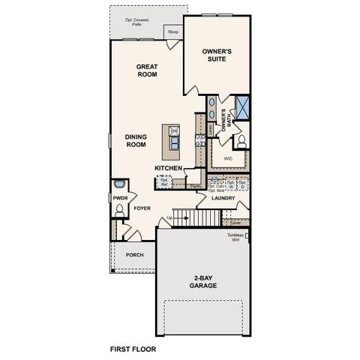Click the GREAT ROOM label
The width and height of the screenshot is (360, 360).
click(145, 70)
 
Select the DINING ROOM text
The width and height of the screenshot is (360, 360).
click(136, 140)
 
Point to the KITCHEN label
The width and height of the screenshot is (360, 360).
click(169, 169)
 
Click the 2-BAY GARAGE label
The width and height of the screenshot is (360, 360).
click(204, 282)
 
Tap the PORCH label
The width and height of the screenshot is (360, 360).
click(134, 255)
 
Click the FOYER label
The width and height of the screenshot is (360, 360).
click(142, 208)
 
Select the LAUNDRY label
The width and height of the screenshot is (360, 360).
click(223, 199)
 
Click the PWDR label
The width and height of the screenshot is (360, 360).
click(120, 197)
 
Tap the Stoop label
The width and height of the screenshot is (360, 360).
click(173, 32)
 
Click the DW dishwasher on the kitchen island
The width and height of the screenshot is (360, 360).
click(174, 132)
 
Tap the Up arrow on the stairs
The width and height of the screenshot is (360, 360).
click(171, 218)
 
